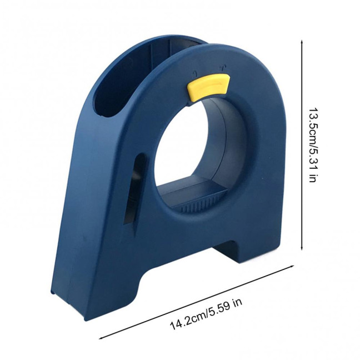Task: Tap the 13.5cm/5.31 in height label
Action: (x=312, y=145)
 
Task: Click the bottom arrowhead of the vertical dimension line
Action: (x=302, y=250)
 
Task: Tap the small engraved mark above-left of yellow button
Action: (x=195, y=72)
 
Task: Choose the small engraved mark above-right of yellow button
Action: (x=222, y=68)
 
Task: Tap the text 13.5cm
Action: (x=312, y=124)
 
